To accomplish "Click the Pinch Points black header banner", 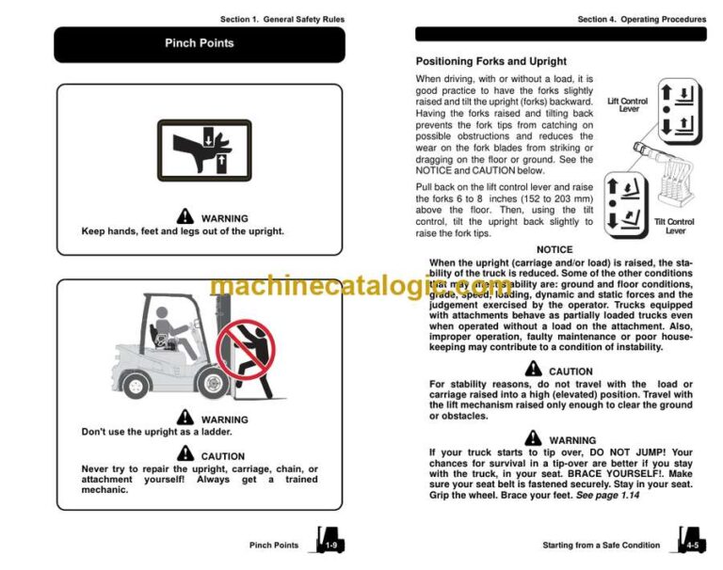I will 200,43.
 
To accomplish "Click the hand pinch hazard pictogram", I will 203,150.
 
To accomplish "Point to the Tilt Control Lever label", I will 675,226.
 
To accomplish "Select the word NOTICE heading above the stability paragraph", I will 554,250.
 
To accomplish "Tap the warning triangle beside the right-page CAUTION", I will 534,370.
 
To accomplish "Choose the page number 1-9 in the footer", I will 330,545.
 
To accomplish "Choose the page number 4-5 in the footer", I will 692,545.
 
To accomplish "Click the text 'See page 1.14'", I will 613,495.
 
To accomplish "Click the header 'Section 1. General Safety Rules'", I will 282,19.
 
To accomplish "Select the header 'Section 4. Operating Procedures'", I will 642,19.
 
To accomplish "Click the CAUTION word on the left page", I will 222,456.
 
